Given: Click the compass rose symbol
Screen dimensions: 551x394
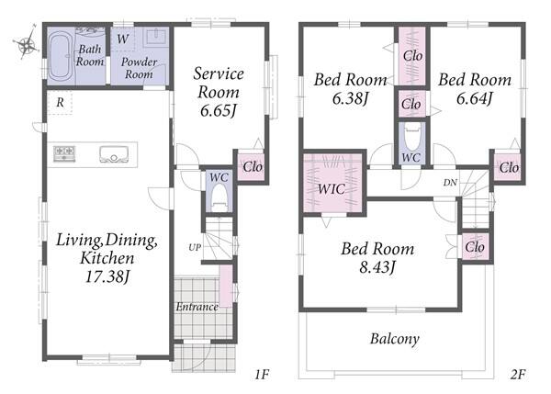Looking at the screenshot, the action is point(27,43).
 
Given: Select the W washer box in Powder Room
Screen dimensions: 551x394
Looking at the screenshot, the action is point(123,39).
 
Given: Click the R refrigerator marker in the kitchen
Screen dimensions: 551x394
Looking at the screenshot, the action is point(60,102).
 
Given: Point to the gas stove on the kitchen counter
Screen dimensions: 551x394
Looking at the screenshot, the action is point(64,154).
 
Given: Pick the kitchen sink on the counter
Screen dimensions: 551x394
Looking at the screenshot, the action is point(114,154).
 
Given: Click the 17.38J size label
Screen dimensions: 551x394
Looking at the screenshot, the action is point(107,277).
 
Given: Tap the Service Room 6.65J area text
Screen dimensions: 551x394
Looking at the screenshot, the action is point(219,92).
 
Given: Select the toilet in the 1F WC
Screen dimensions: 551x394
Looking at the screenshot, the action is point(219,197).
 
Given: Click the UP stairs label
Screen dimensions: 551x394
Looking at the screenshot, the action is point(195,247).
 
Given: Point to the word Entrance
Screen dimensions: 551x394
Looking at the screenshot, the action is point(197,307).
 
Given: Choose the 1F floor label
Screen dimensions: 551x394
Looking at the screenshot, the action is point(262,375).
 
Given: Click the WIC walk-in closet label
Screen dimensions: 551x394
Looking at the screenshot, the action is point(331,189).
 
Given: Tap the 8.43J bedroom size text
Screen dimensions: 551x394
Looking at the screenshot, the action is point(377,267).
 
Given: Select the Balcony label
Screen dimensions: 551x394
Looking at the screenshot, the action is point(395,339).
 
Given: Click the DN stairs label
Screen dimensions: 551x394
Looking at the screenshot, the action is point(450,183).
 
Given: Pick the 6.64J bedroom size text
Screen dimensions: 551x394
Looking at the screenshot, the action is point(475,98).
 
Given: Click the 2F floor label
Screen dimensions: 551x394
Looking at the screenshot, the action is point(518,375).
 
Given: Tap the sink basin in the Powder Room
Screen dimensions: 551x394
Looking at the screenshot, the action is point(156,37).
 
